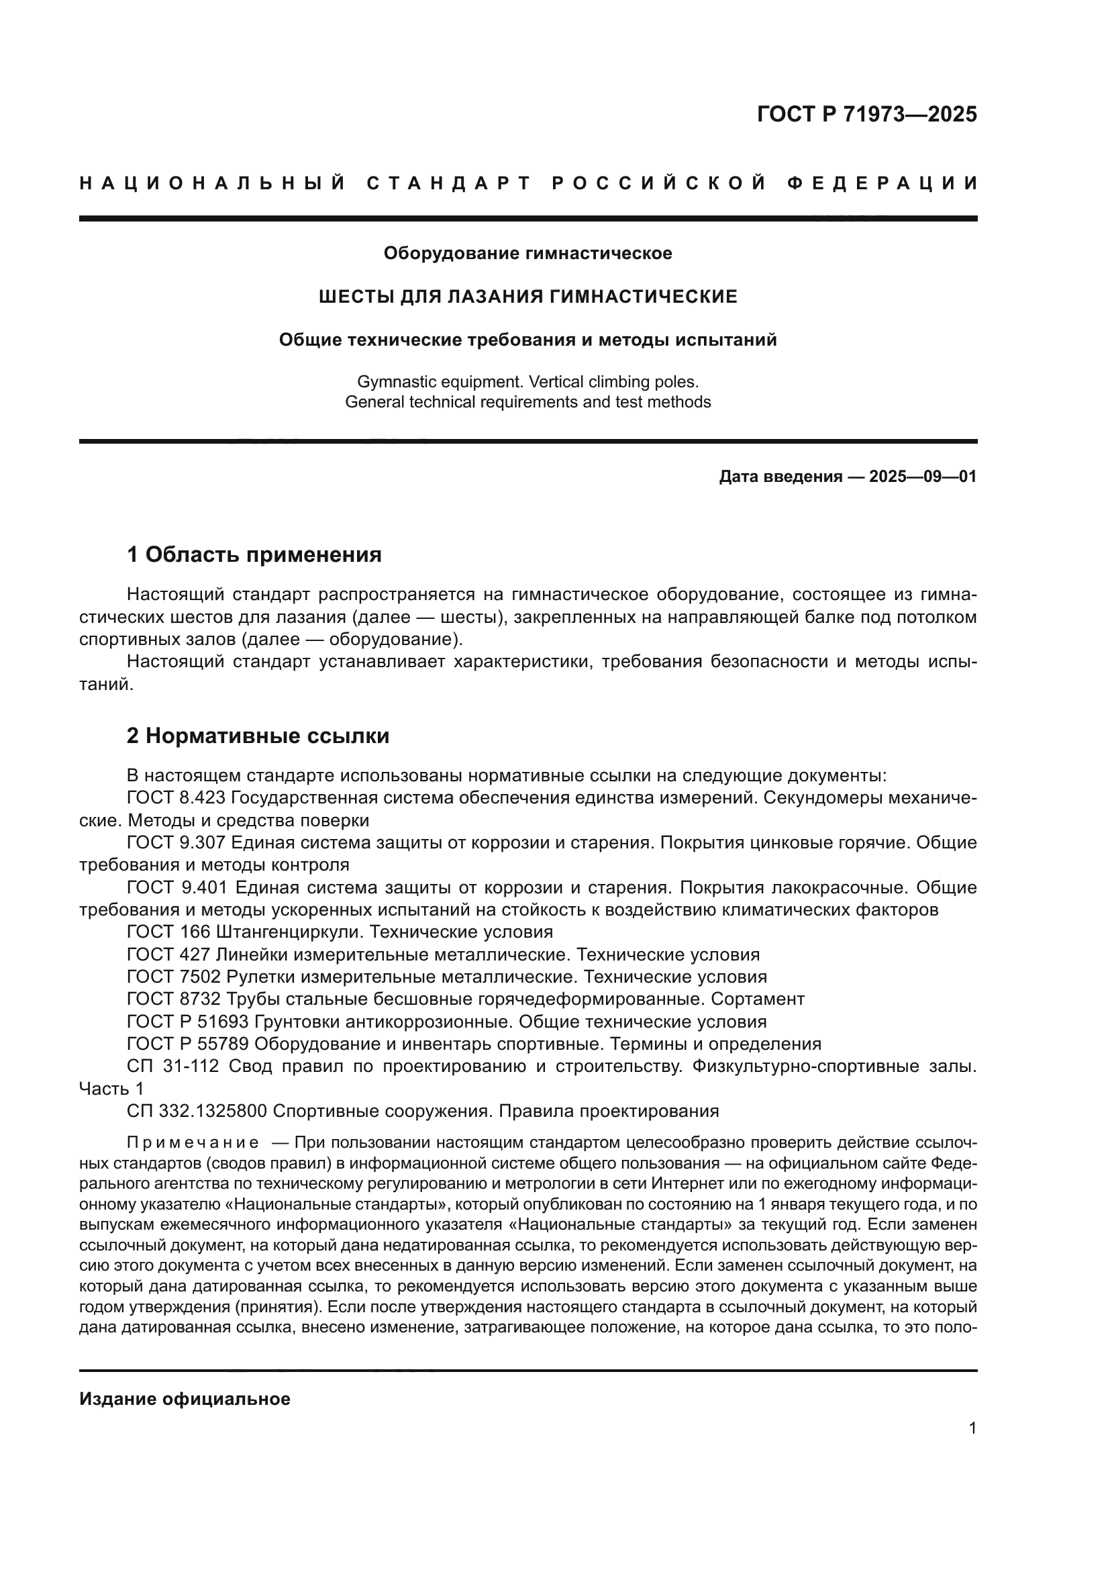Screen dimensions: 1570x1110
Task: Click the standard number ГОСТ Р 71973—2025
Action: point(866,114)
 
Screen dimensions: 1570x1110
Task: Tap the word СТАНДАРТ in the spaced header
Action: point(448,183)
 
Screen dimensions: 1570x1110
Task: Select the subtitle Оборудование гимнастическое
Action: point(527,254)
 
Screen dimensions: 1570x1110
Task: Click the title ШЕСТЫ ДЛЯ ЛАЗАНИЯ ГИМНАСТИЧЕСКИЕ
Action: point(527,297)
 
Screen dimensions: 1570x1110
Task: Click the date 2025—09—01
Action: point(923,477)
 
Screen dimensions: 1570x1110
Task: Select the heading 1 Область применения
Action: point(254,554)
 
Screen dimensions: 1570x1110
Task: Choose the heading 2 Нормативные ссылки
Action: point(258,736)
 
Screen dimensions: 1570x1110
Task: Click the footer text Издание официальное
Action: point(185,1399)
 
